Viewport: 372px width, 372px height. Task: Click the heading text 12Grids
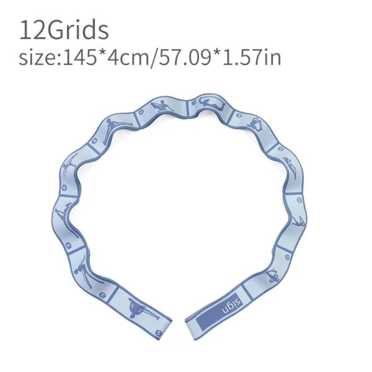click(64, 30)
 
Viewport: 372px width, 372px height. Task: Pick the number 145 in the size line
click(77, 58)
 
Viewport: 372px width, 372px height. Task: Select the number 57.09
click(180, 58)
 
